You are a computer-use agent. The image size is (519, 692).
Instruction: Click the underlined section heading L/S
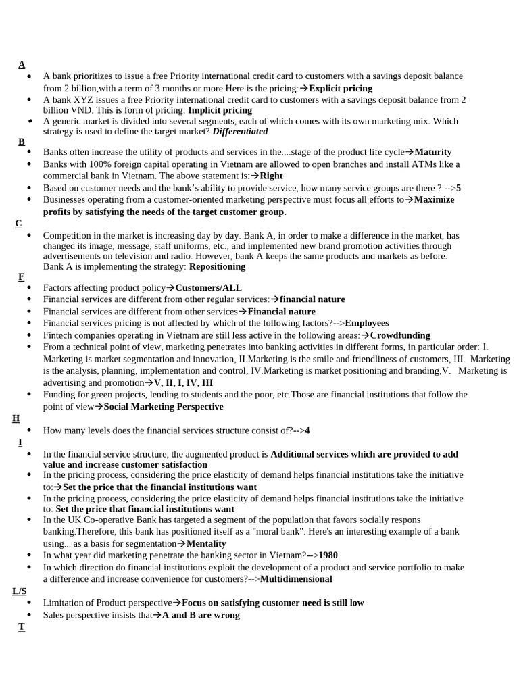pos(19,591)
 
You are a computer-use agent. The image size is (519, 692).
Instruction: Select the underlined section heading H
pos(16,418)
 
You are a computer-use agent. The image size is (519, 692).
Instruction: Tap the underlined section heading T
pos(22,626)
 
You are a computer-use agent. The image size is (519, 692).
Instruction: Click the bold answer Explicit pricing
pos(340,88)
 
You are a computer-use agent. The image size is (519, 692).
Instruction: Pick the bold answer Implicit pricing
pos(220,110)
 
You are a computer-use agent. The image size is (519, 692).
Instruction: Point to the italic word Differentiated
pos(240,132)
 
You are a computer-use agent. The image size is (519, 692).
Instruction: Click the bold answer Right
pos(271,176)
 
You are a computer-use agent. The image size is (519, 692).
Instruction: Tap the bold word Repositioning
pos(217,266)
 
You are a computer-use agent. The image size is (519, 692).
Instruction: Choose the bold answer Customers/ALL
pos(208,287)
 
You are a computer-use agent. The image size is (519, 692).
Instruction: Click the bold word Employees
pos(366,323)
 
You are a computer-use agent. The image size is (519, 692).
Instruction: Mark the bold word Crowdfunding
pos(399,335)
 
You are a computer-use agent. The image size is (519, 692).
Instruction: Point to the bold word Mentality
pos(206,543)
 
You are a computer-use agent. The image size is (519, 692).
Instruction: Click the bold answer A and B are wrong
pos(201,615)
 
